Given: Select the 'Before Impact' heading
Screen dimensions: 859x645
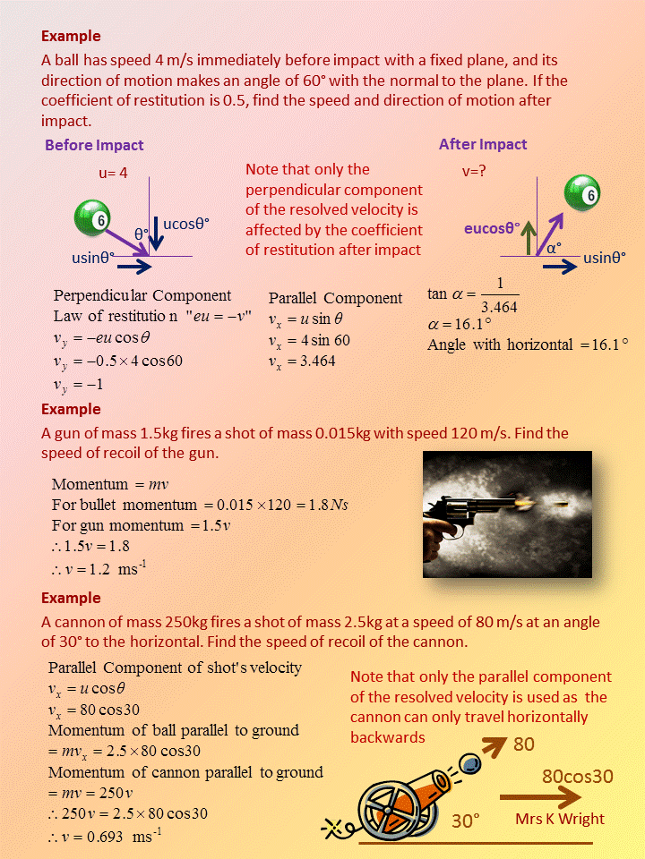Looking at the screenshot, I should click(94, 145).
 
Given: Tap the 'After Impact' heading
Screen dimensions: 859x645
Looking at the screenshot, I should click(483, 144).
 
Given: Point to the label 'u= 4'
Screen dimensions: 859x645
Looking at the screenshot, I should click(114, 173).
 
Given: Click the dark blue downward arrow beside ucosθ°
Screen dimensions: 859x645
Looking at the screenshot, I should click(155, 233).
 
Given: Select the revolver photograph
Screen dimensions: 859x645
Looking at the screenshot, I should click(507, 515).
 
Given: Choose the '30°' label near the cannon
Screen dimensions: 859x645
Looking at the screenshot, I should click(466, 820).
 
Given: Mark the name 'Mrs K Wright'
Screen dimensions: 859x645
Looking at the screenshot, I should click(560, 819).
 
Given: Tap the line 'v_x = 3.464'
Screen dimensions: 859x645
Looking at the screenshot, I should click(302, 361).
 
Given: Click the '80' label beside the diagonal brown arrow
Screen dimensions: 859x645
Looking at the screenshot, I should click(525, 744).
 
